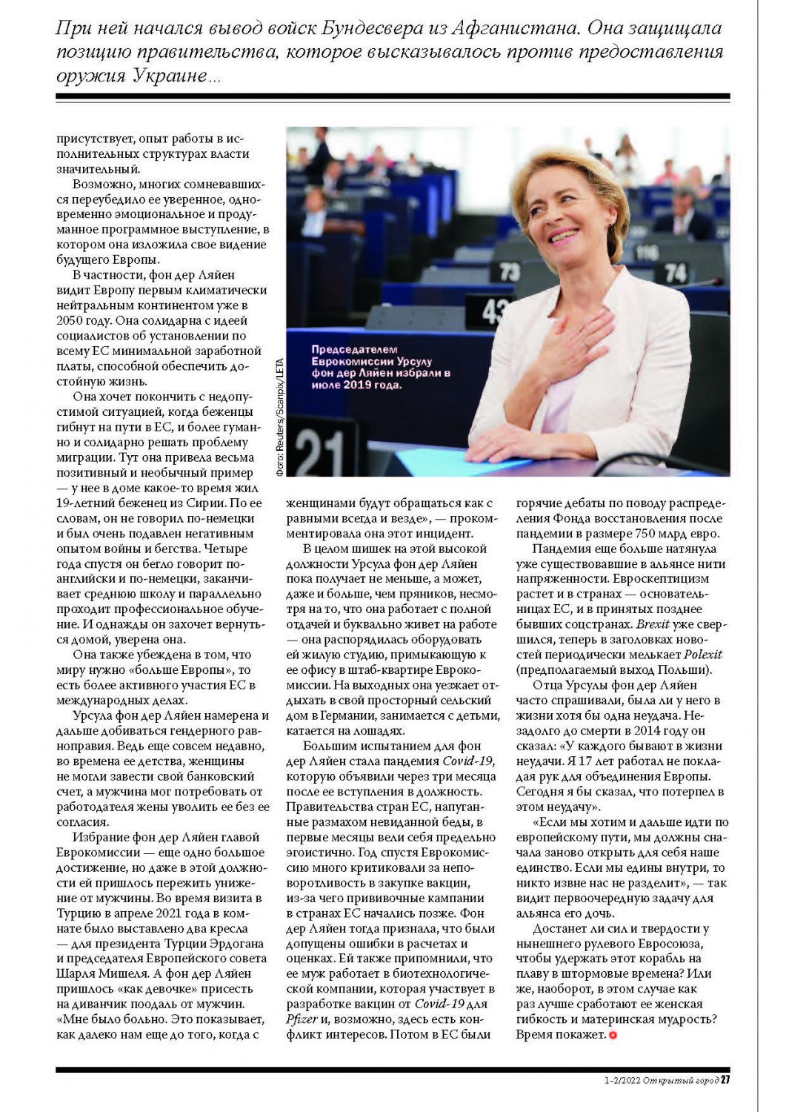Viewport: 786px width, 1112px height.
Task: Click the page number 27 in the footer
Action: [725, 1079]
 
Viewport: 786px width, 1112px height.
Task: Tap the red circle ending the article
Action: [613, 1034]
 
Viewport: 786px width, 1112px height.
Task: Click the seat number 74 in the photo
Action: [675, 272]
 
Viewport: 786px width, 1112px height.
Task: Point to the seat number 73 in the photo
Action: [509, 271]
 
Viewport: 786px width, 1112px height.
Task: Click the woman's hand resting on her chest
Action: [589, 326]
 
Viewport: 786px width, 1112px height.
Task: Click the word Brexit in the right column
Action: [653, 624]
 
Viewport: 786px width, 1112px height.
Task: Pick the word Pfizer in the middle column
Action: [302, 1019]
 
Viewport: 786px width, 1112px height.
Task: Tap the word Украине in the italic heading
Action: [170, 76]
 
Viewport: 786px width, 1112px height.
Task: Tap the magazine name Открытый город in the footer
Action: [680, 1079]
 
